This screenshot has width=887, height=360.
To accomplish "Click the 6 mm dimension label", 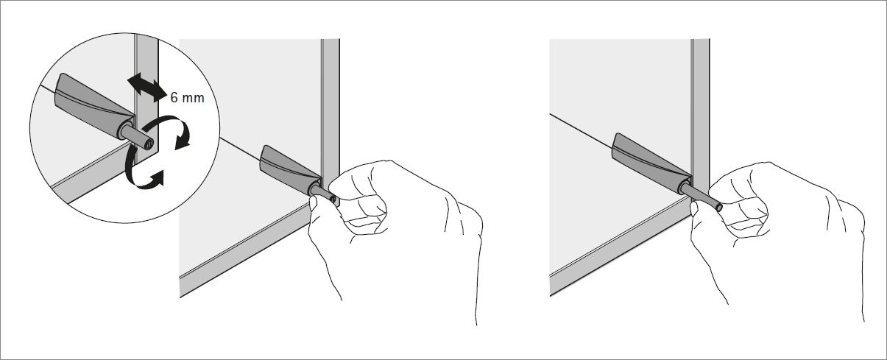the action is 187,97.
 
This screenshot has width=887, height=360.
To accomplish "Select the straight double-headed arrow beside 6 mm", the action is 147,88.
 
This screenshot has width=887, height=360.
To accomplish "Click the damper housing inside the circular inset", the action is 93,98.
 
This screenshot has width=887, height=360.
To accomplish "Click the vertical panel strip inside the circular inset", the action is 147,99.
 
